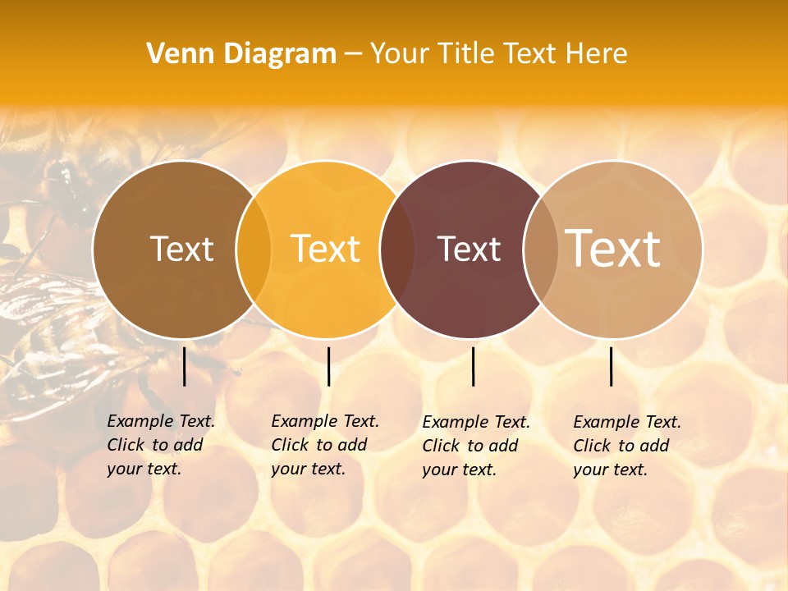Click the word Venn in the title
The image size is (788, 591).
click(x=176, y=54)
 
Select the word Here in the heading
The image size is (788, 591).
click(x=598, y=54)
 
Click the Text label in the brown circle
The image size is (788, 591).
click(x=181, y=249)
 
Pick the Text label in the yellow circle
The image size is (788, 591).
click(x=326, y=249)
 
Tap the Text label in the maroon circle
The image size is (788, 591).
click(x=470, y=249)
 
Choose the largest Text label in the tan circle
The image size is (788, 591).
click(x=613, y=249)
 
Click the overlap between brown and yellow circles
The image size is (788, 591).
click(x=254, y=250)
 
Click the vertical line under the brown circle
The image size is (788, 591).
click(x=185, y=366)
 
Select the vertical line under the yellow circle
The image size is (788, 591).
click(x=328, y=366)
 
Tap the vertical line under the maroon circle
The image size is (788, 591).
click(x=474, y=366)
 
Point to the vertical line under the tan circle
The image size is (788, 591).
click(x=612, y=366)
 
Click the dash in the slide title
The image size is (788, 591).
click(x=353, y=55)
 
